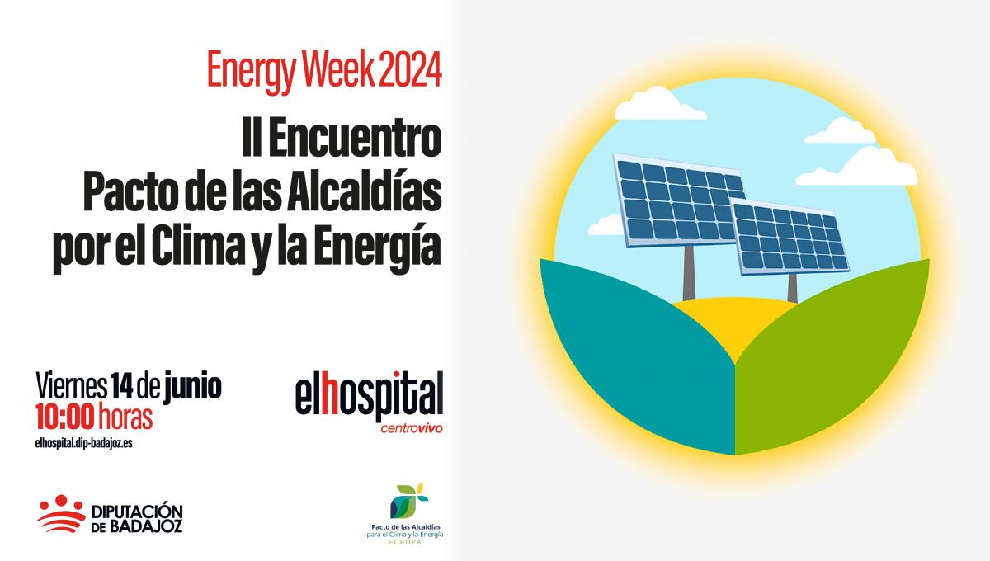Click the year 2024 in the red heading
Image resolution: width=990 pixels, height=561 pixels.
(410, 69)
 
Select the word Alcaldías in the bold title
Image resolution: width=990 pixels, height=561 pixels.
(364, 193)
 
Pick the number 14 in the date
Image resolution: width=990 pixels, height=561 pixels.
(121, 385)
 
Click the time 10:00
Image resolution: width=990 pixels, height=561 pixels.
(65, 417)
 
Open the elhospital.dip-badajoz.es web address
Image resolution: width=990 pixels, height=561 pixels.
(84, 443)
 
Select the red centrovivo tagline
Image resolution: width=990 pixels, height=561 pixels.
(412, 428)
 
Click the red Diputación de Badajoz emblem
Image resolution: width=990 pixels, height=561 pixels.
(61, 513)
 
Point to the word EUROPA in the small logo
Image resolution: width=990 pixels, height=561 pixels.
(405, 542)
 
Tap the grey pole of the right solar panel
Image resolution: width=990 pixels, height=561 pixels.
(792, 288)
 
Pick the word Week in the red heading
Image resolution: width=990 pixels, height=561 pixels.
(339, 69)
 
